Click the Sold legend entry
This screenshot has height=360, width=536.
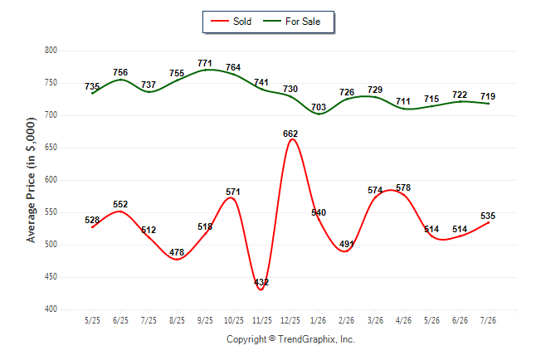(x=231, y=22)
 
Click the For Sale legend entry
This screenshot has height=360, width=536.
(x=291, y=22)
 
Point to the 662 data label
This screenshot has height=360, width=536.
(x=290, y=134)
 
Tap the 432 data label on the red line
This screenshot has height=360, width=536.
(x=261, y=282)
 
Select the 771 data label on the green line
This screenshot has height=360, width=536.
(x=205, y=63)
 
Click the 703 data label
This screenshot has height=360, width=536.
(x=319, y=107)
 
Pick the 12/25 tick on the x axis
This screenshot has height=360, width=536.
(x=290, y=320)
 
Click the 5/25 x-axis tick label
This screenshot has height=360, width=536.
(x=92, y=320)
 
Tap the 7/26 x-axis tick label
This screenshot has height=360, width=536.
(x=488, y=320)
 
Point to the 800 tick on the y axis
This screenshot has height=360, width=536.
(x=51, y=51)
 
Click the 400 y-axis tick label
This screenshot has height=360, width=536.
(x=51, y=309)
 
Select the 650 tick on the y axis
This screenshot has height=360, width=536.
(x=51, y=148)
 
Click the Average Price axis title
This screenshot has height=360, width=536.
(x=31, y=180)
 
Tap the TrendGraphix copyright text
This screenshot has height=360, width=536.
(x=290, y=339)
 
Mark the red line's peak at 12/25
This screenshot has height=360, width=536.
(x=292, y=139)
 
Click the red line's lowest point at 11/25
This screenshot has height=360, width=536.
(x=261, y=290)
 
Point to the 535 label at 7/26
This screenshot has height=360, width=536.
(x=488, y=216)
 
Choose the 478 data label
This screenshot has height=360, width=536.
(x=177, y=252)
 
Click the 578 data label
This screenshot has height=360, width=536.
(x=403, y=187)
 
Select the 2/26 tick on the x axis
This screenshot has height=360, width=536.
(x=347, y=320)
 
